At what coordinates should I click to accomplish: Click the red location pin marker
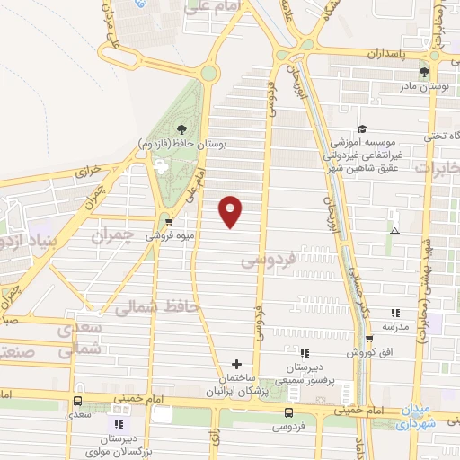tap(231, 211)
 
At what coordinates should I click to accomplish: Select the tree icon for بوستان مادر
tap(424, 73)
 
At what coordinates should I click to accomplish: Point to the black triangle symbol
tap(394, 231)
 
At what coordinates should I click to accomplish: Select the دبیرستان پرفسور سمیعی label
tap(305, 369)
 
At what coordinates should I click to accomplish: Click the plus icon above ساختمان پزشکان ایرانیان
tap(236, 364)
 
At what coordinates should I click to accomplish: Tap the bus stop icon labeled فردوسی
tap(288, 412)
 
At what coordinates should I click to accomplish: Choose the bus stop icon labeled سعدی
tap(77, 402)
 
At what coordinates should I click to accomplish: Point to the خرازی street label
tap(89, 169)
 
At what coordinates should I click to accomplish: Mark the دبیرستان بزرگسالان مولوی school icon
tap(118, 423)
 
